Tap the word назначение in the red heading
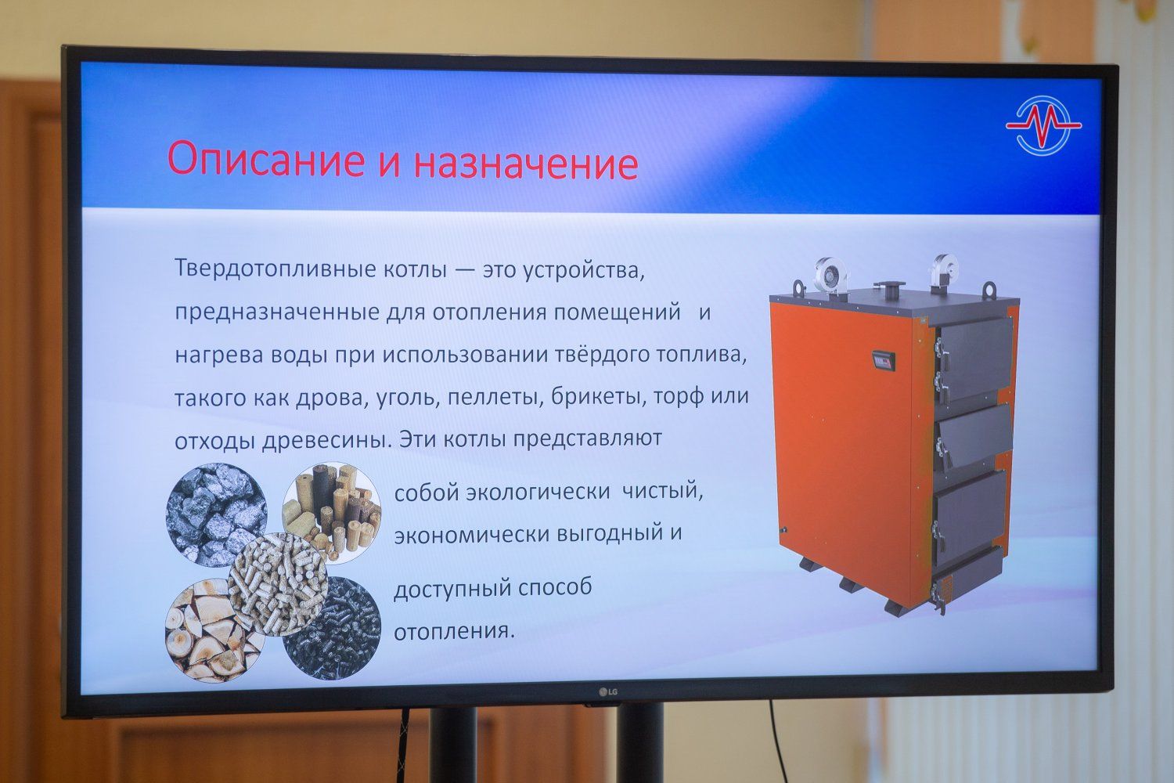[526, 164]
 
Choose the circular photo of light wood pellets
[279, 585]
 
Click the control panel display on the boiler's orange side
[883, 361]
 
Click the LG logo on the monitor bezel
[608, 692]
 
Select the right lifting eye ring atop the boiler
[989, 290]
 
